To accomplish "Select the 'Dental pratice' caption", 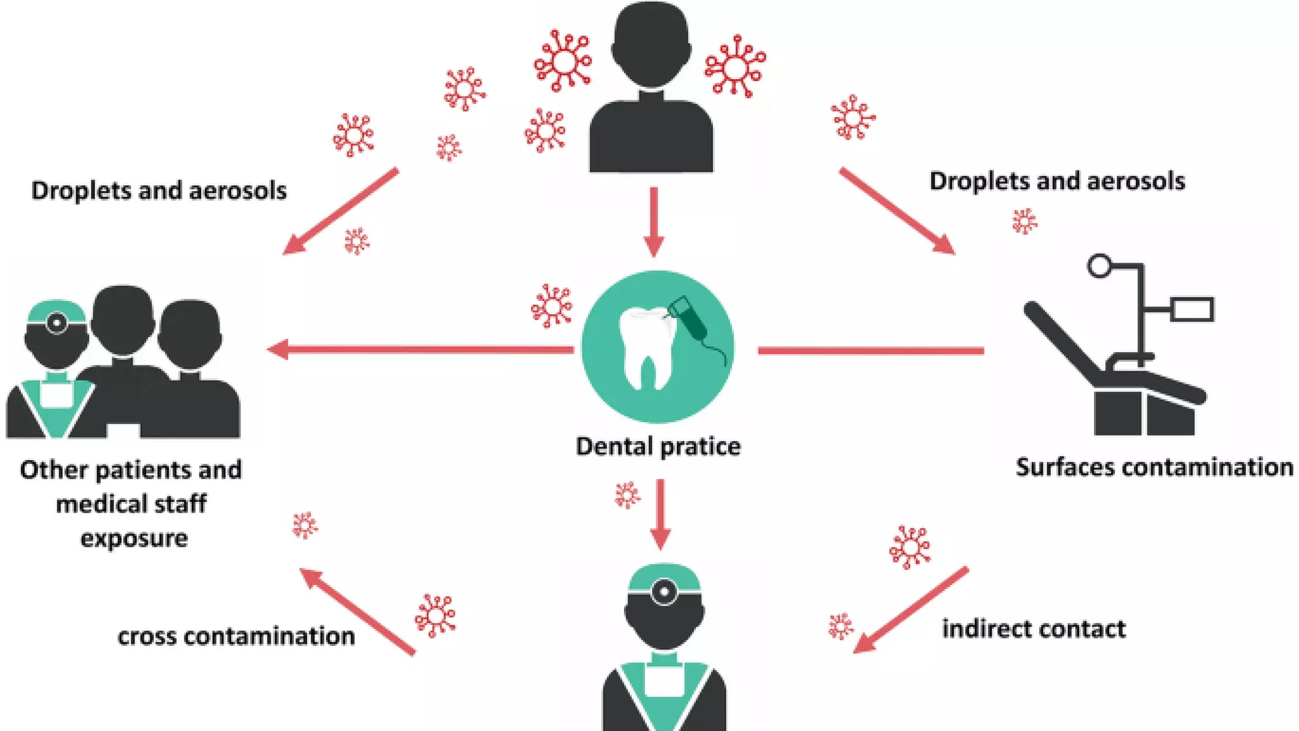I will click(658, 447).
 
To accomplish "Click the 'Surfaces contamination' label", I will click(1154, 467).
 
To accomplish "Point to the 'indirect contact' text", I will click(1033, 629).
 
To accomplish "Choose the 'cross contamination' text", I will click(236, 636).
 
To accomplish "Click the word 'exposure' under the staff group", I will click(134, 538).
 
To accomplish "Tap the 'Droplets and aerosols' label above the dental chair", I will click(1057, 181).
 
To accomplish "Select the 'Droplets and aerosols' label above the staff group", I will click(159, 190).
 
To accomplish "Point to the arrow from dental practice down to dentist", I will click(660, 514).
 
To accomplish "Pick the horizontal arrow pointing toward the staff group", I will click(419, 349).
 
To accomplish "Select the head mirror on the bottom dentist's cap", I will click(664, 591).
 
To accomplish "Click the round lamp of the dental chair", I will click(1099, 265).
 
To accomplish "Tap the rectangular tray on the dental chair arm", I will click(1192, 310).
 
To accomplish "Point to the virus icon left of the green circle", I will click(551, 306).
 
